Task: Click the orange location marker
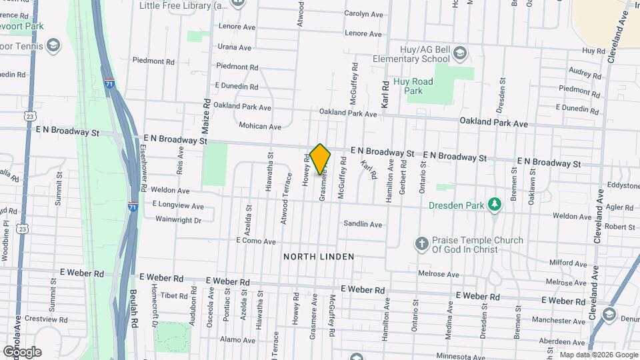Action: click(320, 158)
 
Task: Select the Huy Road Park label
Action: click(418, 86)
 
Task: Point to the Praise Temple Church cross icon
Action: click(421, 244)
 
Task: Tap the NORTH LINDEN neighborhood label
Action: click(318, 257)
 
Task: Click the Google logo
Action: click(22, 351)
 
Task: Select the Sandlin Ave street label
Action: click(363, 224)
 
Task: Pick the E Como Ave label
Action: click(256, 241)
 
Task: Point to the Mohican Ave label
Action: click(259, 126)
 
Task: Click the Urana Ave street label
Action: click(234, 47)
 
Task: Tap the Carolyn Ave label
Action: click(364, 14)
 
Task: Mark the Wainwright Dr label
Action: click(178, 219)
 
